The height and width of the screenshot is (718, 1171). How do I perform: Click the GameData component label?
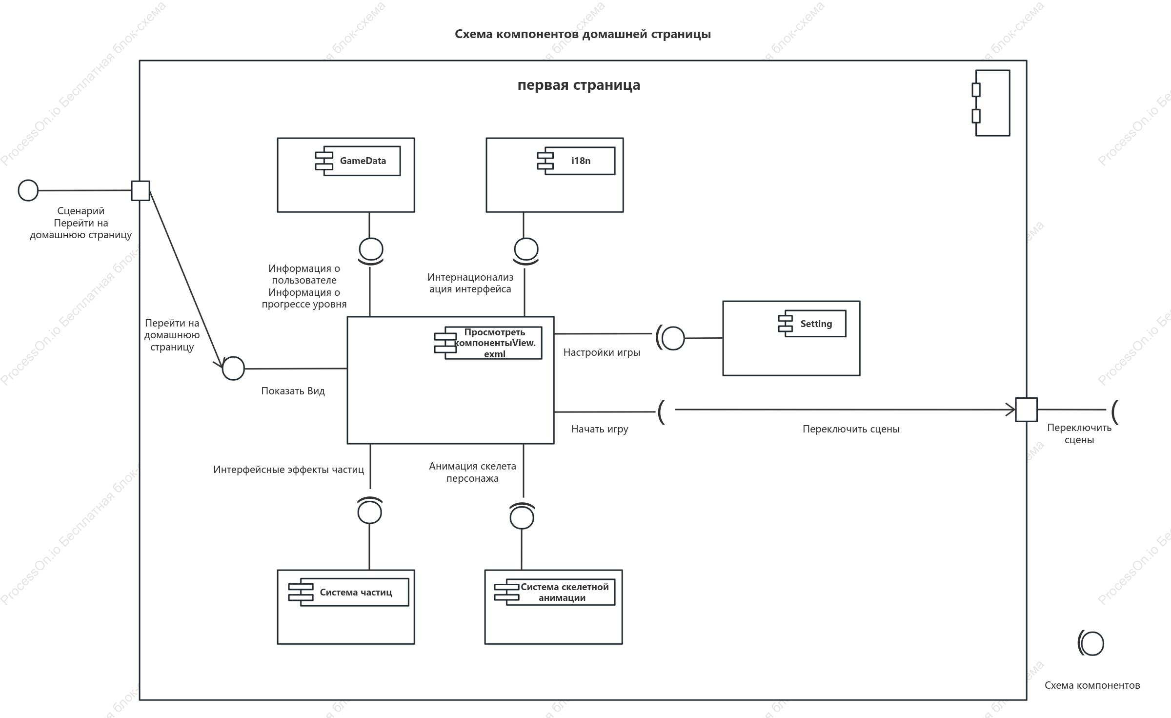[x=363, y=161]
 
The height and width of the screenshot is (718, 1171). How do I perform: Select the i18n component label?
[x=581, y=161]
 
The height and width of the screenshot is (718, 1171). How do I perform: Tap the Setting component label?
[x=816, y=324]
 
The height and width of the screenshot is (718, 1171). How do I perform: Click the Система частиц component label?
[x=356, y=592]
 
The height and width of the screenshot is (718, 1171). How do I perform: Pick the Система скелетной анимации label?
[x=564, y=592]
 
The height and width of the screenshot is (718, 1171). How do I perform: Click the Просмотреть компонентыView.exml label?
[x=495, y=343]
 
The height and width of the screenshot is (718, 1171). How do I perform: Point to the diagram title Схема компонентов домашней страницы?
[x=583, y=34]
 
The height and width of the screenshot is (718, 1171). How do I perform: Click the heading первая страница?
[x=579, y=85]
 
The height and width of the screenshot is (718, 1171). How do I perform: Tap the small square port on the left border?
[x=141, y=190]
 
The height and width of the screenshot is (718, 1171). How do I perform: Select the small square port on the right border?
[x=1026, y=410]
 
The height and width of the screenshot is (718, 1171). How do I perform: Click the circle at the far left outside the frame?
[x=28, y=190]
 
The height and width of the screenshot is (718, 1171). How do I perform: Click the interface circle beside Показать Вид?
[x=233, y=369]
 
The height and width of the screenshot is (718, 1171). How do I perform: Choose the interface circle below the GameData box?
[x=371, y=249]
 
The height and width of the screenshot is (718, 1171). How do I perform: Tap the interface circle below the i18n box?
[x=526, y=249]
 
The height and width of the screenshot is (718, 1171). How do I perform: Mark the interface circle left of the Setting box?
[x=673, y=338]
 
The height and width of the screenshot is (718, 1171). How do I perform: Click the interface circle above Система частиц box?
[x=369, y=512]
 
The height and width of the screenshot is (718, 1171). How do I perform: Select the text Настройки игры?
[x=602, y=352]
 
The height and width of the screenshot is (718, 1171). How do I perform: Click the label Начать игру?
[x=600, y=429]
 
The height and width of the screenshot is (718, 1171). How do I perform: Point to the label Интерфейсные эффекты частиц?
[x=288, y=470]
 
